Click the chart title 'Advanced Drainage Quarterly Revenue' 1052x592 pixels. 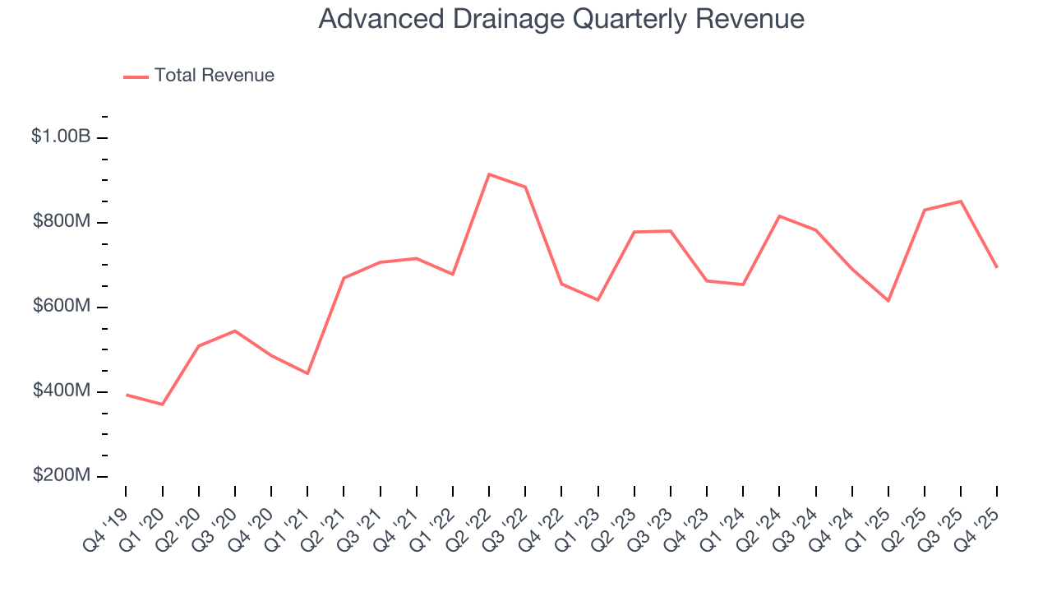coord(561,19)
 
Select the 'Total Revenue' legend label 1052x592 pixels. coord(214,76)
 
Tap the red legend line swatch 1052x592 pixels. coord(136,76)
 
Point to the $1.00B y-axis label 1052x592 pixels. coord(61,136)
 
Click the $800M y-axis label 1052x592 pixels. coord(61,222)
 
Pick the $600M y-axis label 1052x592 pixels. coord(61,307)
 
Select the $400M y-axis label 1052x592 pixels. coord(61,391)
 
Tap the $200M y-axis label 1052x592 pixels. coord(61,476)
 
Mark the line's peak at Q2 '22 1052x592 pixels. coord(489,174)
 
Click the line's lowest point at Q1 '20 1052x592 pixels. coord(162,405)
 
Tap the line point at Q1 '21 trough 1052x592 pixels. coord(307,373)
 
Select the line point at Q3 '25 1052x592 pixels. coord(961,201)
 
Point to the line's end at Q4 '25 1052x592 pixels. coord(997,267)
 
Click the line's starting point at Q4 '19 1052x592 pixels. coord(126,395)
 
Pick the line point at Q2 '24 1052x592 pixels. coord(779,216)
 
